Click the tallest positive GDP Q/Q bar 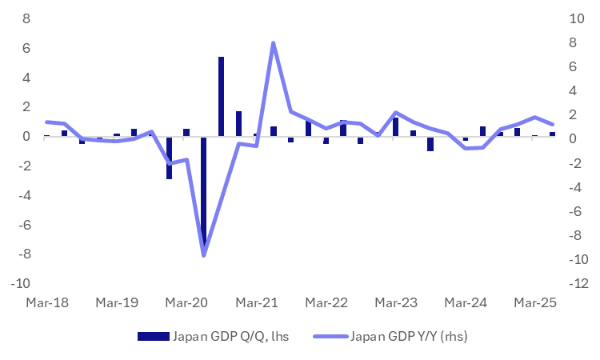point(221,96)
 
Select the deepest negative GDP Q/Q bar point(204,192)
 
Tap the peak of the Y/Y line point(273,43)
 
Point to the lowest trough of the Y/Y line point(204,255)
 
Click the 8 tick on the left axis point(26,19)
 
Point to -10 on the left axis point(22,284)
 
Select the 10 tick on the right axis point(574,19)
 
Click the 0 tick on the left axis point(26,137)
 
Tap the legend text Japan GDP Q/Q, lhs point(230,336)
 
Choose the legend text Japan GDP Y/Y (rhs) point(408,336)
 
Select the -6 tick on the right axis point(576,212)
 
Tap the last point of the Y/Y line point(552,125)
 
